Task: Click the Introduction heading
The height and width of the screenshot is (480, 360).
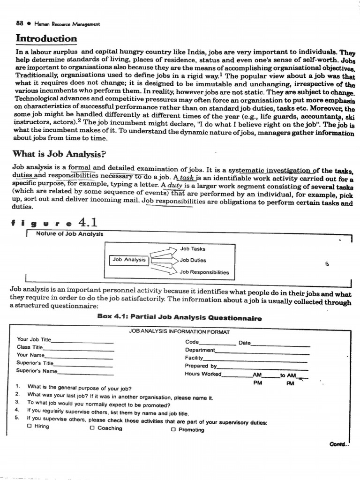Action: click(46, 38)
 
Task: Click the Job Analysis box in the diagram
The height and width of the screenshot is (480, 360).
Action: click(129, 260)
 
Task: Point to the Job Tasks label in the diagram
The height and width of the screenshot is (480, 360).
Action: click(193, 249)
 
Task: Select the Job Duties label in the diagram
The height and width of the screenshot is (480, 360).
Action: click(193, 260)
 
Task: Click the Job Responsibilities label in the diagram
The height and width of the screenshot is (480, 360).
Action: click(204, 272)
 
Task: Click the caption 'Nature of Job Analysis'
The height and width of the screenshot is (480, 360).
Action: click(69, 234)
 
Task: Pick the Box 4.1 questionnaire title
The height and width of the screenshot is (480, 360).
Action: click(180, 317)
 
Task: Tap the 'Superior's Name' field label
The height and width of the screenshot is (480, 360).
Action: click(37, 371)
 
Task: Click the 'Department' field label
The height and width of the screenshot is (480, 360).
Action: click(200, 350)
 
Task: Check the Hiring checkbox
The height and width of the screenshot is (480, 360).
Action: click(30, 427)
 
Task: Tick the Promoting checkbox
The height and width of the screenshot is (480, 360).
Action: click(173, 429)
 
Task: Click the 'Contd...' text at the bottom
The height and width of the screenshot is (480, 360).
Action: click(339, 444)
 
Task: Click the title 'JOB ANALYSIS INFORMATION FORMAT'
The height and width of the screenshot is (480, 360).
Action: click(179, 332)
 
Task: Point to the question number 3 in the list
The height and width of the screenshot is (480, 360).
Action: click(17, 402)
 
